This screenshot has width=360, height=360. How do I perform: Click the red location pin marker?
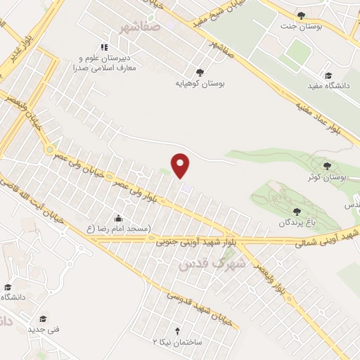click(181, 165)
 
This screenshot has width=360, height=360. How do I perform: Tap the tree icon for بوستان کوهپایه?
click(200, 72)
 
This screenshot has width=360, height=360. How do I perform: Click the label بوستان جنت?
click(300, 26)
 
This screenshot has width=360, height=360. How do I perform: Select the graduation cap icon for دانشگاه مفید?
click(328, 75)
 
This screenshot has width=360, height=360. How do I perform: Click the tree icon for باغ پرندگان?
click(297, 211)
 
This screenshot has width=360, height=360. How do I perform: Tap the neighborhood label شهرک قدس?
click(211, 264)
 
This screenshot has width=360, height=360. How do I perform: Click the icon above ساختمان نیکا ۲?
click(177, 330)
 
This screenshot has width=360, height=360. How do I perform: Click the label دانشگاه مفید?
click(328, 86)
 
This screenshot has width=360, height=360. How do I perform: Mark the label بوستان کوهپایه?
click(200, 83)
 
